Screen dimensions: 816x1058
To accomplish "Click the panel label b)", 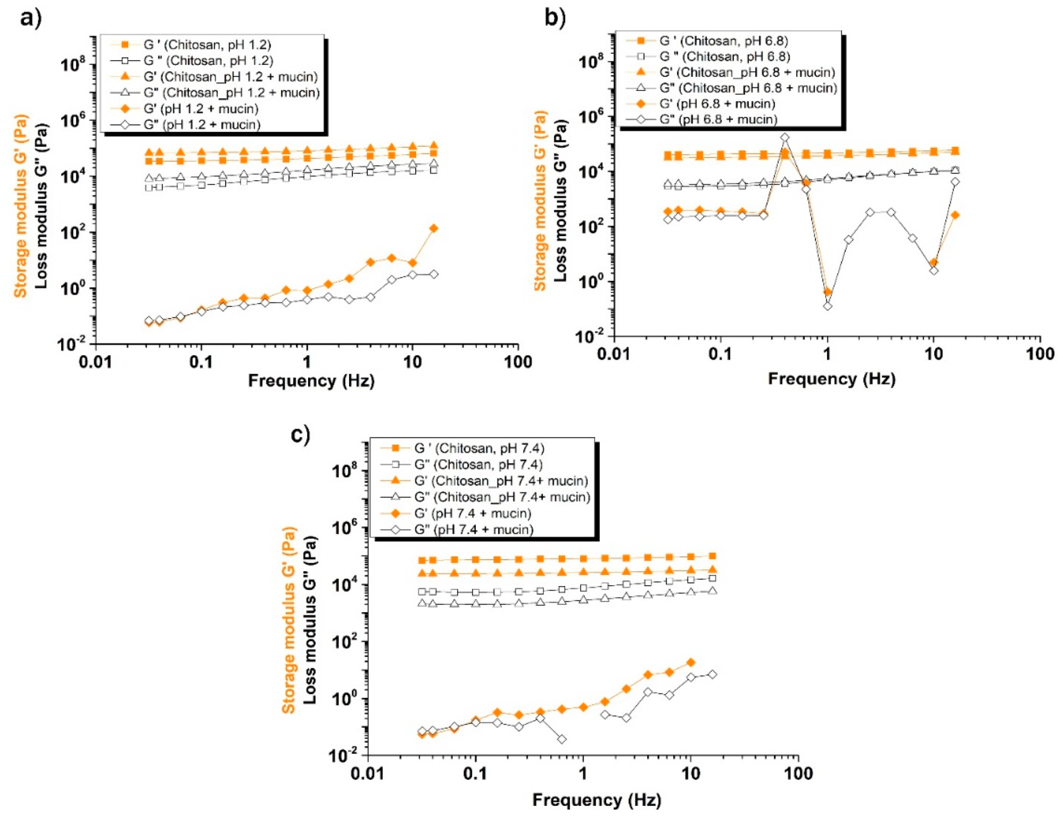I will [555, 18].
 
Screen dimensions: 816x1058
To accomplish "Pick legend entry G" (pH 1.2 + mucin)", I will [202, 124].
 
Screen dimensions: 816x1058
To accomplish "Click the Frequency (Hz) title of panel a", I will [311, 381].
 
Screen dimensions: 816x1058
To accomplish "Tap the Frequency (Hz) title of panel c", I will [596, 800].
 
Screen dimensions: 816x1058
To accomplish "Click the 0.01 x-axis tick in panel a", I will [96, 362].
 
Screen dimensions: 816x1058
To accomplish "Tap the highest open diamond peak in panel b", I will [785, 138].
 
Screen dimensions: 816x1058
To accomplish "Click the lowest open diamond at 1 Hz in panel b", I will [827, 306].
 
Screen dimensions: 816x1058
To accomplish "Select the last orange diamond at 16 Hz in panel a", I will [433, 228].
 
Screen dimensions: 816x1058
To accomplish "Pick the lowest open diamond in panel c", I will [562, 739].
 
